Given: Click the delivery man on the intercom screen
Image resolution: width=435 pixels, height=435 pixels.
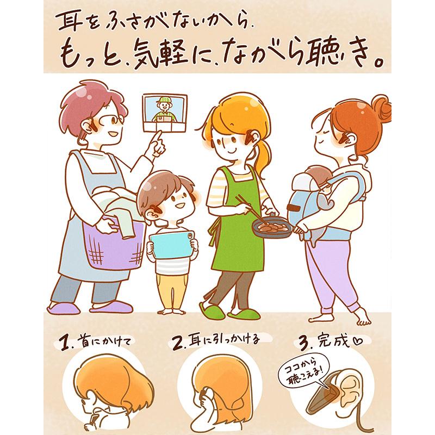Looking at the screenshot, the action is coord(165,110).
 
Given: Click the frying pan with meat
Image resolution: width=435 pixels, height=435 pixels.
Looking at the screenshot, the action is coord(272,227).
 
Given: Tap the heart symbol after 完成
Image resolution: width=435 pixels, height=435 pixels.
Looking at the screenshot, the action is coord(357,341).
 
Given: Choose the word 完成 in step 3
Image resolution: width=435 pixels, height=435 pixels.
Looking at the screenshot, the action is coord(334,341).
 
